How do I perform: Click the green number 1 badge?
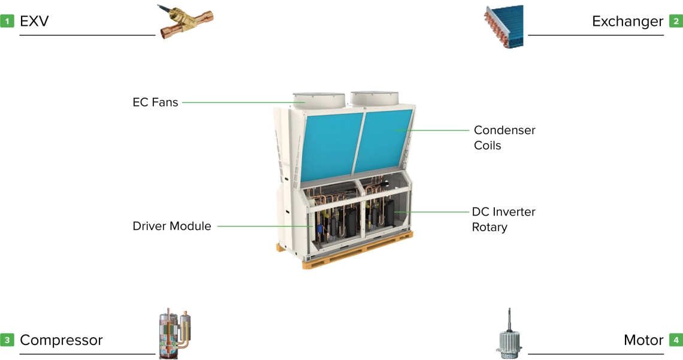tap(7, 22)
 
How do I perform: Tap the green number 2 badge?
tap(676, 22)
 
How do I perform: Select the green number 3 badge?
tap(7, 340)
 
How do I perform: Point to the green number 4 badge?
tap(676, 340)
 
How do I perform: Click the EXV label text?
tap(34, 22)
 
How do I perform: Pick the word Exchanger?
tap(627, 22)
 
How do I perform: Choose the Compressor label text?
tap(61, 340)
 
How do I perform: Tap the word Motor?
tap(643, 340)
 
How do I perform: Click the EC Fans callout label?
tap(155, 102)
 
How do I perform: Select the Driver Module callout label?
tap(172, 226)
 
